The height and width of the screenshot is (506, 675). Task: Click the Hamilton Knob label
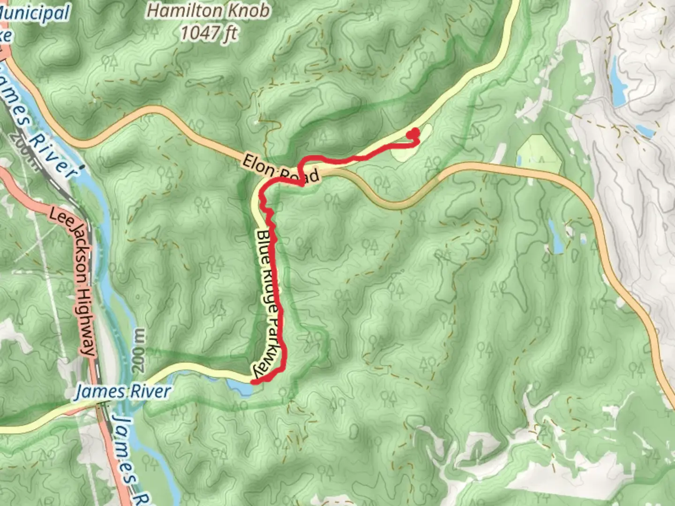[x=209, y=10]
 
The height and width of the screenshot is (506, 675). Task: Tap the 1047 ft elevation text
[x=209, y=33]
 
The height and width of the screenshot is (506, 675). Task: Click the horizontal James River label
[x=123, y=391]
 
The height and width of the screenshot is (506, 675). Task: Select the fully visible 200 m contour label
[x=139, y=350]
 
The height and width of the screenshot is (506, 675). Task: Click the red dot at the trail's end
[x=413, y=134]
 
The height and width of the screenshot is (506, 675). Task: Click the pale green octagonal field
[x=539, y=155]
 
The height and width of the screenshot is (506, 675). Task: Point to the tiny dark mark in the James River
[x=82, y=166]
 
